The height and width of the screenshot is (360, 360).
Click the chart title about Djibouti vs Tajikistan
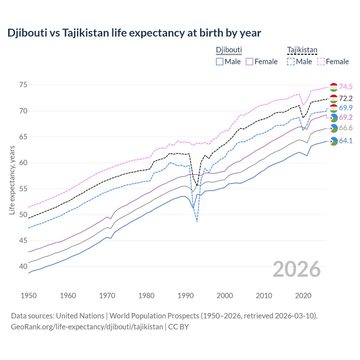(134, 33)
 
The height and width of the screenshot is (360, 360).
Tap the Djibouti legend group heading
(229, 50)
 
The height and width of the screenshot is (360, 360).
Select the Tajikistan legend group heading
(302, 50)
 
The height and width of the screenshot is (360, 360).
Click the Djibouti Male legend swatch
(220, 62)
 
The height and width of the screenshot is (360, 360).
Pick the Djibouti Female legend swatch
(249, 62)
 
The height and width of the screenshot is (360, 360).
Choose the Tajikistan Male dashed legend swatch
(291, 62)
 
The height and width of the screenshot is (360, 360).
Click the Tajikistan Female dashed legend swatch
(321, 62)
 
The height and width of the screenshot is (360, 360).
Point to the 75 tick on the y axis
(23, 85)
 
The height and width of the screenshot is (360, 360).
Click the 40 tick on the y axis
(23, 267)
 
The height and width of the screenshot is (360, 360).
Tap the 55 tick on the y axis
(23, 189)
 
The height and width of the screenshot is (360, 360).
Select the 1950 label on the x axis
(29, 296)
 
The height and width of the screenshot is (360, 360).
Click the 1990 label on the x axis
(186, 296)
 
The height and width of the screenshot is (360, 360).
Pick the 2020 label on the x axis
(303, 296)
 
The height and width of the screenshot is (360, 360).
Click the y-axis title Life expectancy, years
(12, 180)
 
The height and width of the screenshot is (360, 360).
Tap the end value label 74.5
(346, 87)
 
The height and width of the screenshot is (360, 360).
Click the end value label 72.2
(346, 98)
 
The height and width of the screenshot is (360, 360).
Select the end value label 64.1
(346, 141)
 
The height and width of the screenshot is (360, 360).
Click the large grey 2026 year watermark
(297, 269)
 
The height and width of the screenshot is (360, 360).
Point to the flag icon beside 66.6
(334, 128)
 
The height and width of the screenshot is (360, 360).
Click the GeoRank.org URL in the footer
(87, 327)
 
